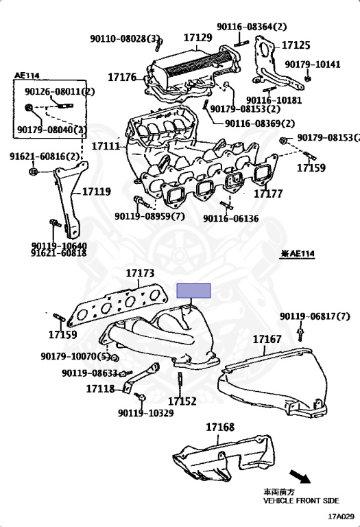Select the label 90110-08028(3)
(x=125, y=38)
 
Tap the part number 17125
(x=296, y=45)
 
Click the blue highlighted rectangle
(x=194, y=290)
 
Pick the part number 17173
(x=140, y=273)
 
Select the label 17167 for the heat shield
(x=267, y=339)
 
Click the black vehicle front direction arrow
(x=301, y=476)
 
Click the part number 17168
(x=219, y=427)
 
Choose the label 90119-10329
(x=145, y=412)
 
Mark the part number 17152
(x=182, y=401)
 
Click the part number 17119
(x=97, y=191)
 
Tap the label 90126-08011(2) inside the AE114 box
(x=60, y=91)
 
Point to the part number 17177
(x=268, y=194)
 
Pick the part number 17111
(x=106, y=146)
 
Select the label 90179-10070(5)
(x=75, y=356)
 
